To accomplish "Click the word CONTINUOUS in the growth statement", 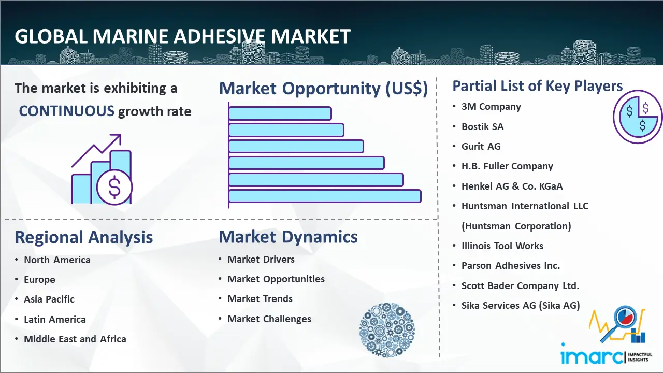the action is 67,111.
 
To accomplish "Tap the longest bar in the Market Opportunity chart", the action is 325,196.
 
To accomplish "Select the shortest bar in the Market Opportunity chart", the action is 280,113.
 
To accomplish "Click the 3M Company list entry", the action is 491,107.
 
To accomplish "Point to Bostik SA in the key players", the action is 482,127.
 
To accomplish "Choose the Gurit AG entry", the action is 481,146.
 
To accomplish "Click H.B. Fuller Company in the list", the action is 507,166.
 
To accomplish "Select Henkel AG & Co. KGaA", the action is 512,186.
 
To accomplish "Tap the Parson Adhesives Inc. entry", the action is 511,266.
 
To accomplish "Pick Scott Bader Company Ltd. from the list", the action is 520,285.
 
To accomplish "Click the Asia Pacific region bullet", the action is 49,299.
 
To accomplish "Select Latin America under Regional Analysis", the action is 55,320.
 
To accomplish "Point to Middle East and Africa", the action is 75,339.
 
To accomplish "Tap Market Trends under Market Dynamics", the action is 260,299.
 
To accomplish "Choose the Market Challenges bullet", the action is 269,319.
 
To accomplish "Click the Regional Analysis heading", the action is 84,237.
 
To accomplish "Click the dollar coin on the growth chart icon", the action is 114,187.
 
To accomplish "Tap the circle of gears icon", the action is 387,330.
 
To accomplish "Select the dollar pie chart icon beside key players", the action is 637,117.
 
